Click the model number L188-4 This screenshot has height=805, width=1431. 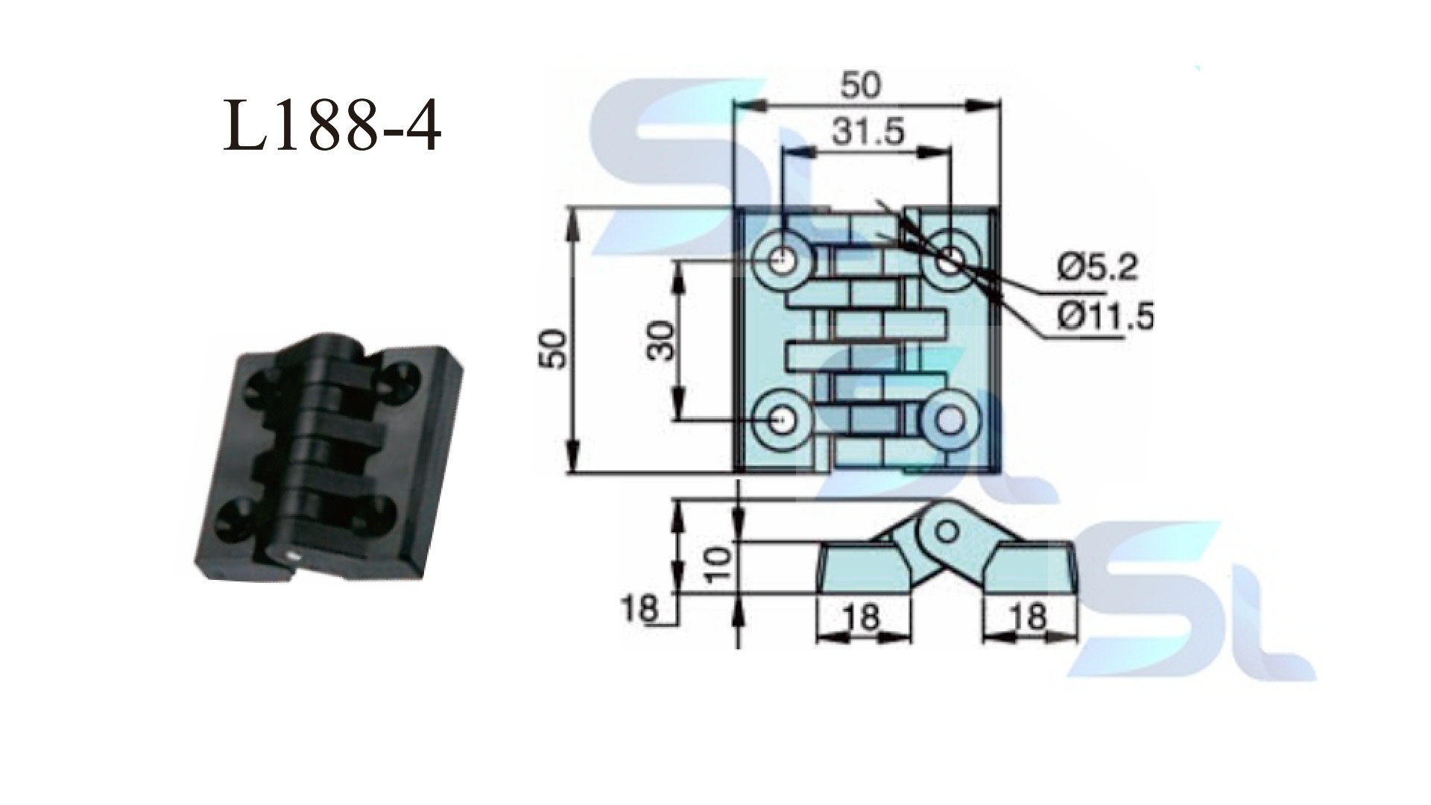pyautogui.click(x=332, y=127)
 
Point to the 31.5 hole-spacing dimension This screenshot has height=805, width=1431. pyautogui.click(x=867, y=132)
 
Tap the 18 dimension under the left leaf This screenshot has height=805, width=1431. pyautogui.click(x=863, y=617)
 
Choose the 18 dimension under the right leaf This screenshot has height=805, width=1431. pyautogui.click(x=1030, y=617)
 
